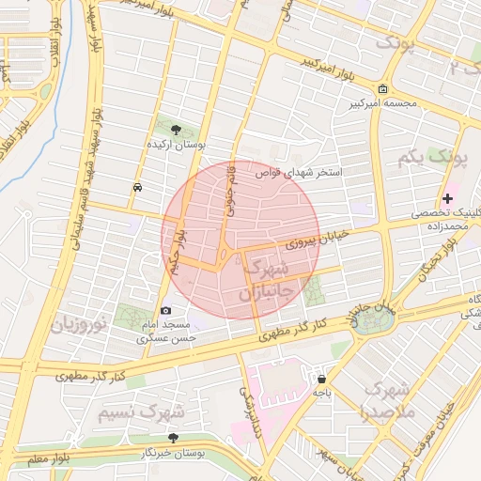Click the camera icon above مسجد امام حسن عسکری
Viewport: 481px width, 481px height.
coord(166,310)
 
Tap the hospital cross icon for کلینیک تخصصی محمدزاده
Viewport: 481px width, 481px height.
coord(447,198)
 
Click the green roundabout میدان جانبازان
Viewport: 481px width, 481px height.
coord(371,321)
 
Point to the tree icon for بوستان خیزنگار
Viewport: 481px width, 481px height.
coord(172,437)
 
